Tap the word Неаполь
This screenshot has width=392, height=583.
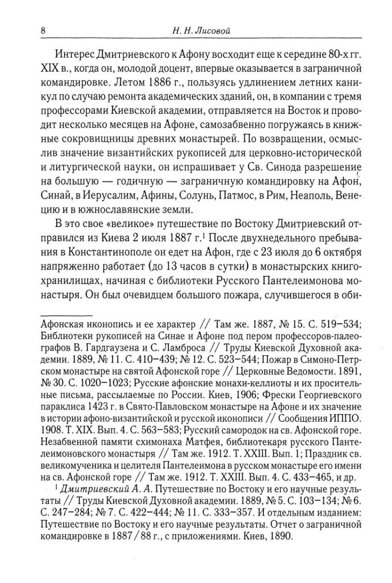[x=316, y=197]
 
